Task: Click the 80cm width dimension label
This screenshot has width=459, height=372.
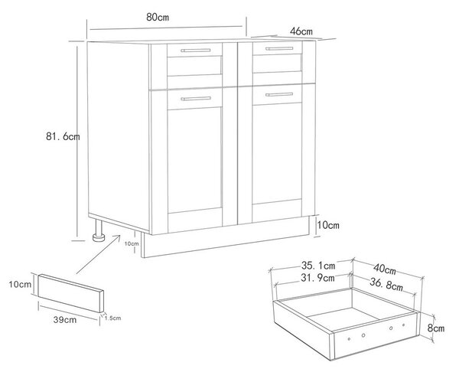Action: pyautogui.click(x=158, y=18)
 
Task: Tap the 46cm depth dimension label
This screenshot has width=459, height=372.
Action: pyautogui.click(x=301, y=31)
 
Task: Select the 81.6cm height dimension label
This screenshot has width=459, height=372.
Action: pyautogui.click(x=63, y=136)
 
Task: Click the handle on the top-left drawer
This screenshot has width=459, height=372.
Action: pyautogui.click(x=196, y=51)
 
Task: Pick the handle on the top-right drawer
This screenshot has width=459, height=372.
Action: pyautogui.click(x=279, y=48)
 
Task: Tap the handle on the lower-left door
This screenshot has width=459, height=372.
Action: pyautogui.click(x=196, y=99)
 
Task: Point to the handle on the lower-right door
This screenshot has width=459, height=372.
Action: pyautogui.click(x=279, y=94)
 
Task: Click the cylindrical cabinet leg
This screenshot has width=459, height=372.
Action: pyautogui.click(x=99, y=230)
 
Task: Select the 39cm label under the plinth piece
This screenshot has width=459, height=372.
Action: pyautogui.click(x=65, y=320)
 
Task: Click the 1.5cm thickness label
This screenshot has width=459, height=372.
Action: pyautogui.click(x=112, y=318)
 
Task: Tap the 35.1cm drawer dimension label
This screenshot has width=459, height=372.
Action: pyautogui.click(x=318, y=266)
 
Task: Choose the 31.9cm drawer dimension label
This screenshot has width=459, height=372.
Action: pyautogui.click(x=317, y=278)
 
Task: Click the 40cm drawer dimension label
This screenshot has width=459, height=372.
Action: pyautogui.click(x=385, y=269)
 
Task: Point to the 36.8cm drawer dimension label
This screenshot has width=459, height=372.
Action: pyautogui.click(x=386, y=284)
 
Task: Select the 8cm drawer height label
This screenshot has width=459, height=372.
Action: pyautogui.click(x=436, y=328)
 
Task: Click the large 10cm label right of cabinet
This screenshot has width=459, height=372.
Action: pyautogui.click(x=328, y=225)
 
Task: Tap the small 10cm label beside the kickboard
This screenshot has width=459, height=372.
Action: pyautogui.click(x=132, y=243)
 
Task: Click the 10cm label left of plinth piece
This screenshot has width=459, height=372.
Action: pyautogui.click(x=20, y=284)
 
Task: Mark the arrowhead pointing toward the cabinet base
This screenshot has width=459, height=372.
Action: pyautogui.click(x=119, y=237)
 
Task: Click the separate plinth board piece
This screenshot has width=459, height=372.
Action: pyautogui.click(x=71, y=293)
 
